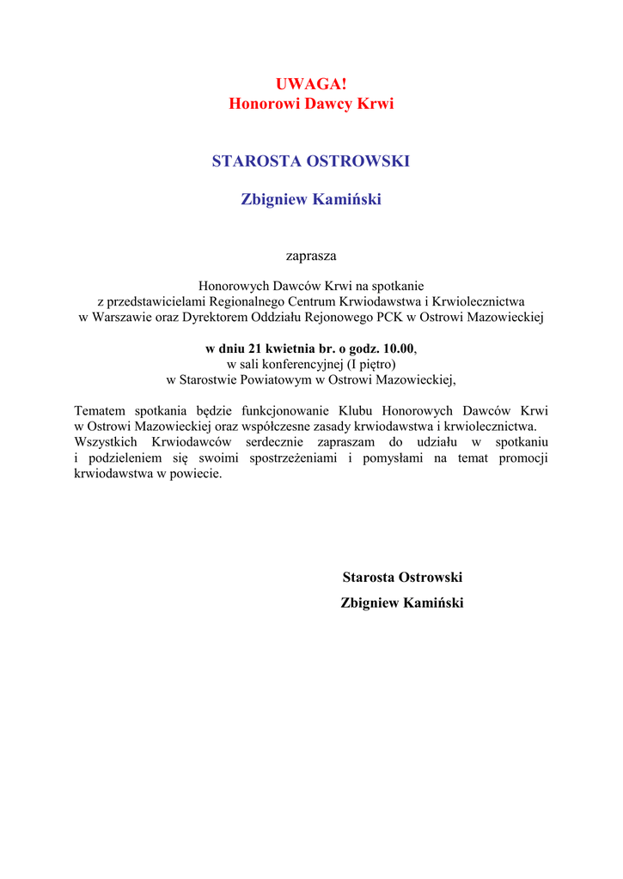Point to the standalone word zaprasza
[x=311, y=256]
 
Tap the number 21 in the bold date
[x=255, y=349]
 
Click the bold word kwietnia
[x=291, y=349]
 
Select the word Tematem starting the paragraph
[x=101, y=411]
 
